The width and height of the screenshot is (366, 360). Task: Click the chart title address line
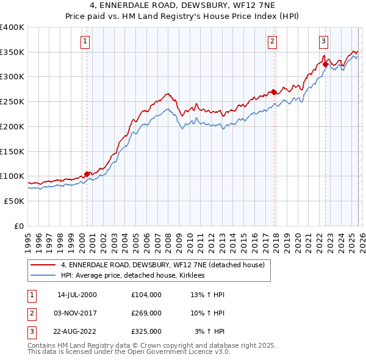point(183,5)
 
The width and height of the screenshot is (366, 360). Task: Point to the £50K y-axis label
point(14,201)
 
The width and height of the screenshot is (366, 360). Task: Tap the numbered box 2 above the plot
point(271,41)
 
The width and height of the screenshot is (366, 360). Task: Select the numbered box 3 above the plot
point(323,41)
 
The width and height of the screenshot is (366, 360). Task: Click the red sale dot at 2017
point(274,92)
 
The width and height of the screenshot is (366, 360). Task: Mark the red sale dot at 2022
point(326,64)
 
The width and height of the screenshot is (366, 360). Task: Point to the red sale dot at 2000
point(87,174)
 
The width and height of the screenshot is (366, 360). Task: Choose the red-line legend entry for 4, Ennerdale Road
point(162,265)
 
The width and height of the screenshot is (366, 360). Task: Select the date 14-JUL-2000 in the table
point(77,295)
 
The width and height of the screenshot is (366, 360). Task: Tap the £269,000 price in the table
point(146,313)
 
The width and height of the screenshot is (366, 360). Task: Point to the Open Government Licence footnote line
point(129,352)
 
